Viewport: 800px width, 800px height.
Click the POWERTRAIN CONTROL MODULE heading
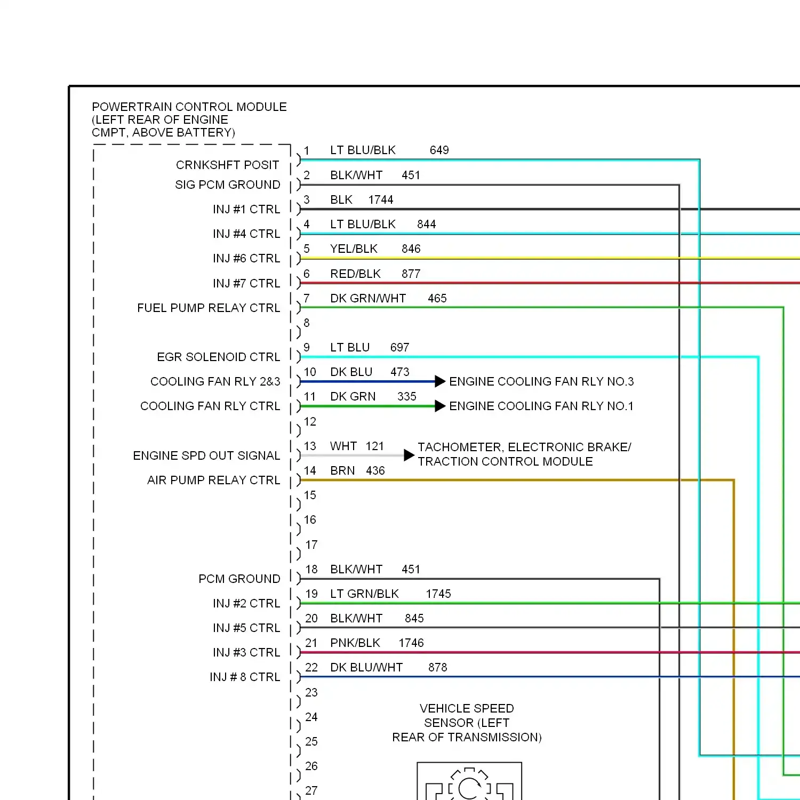pyautogui.click(x=189, y=107)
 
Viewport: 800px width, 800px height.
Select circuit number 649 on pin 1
pyautogui.click(x=439, y=150)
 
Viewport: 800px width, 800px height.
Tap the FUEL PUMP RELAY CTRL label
pyautogui.click(x=208, y=308)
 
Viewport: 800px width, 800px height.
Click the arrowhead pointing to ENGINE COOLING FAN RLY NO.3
pyautogui.click(x=440, y=381)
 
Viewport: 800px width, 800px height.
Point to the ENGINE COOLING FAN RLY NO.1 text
pyautogui.click(x=541, y=406)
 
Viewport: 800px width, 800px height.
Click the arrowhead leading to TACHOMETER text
pyautogui.click(x=409, y=455)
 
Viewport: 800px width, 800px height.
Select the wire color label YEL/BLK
pyautogui.click(x=354, y=249)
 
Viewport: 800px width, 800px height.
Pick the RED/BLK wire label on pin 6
pyautogui.click(x=355, y=274)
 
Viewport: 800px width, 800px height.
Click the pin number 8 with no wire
pyautogui.click(x=307, y=323)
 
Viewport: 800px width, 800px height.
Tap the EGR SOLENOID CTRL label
pyautogui.click(x=218, y=357)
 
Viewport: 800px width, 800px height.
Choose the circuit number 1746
pyautogui.click(x=411, y=643)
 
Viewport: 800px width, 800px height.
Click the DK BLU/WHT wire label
pyautogui.click(x=366, y=668)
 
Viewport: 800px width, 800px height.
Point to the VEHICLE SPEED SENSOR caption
pyautogui.click(x=467, y=723)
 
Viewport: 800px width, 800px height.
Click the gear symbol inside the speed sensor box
pyautogui.click(x=469, y=785)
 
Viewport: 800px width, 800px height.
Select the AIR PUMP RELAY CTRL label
pyautogui.click(x=213, y=481)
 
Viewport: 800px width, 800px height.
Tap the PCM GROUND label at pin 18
pyautogui.click(x=239, y=579)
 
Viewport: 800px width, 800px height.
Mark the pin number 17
pyautogui.click(x=311, y=545)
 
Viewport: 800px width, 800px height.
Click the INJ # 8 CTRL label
pyautogui.click(x=245, y=677)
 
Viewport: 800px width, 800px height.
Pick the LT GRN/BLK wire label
pyautogui.click(x=364, y=594)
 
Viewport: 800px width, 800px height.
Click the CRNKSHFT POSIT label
pyautogui.click(x=227, y=165)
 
